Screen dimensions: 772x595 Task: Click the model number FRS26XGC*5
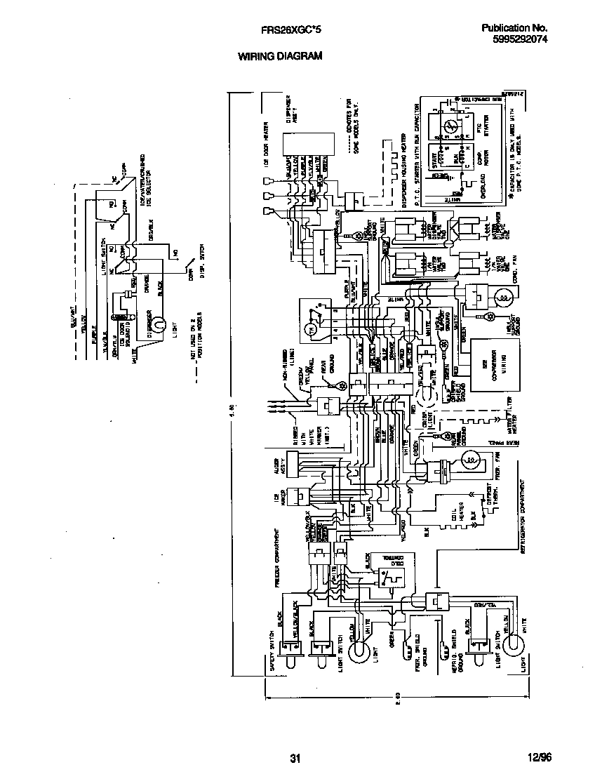coord(290,30)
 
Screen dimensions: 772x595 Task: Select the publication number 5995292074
coord(514,40)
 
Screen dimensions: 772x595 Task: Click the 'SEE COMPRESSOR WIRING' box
coord(493,366)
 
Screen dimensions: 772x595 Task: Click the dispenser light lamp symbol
coord(159,324)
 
